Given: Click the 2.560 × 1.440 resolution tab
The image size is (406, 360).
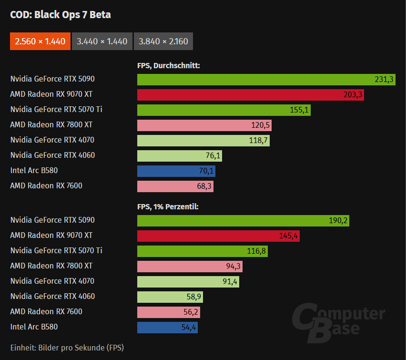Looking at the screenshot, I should pos(40,41).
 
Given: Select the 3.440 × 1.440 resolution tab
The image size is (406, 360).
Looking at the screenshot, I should pos(102,41).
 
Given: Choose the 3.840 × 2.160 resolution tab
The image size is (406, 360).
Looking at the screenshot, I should pos(163,41).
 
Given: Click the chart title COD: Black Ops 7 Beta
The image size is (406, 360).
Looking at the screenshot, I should pos(61,15).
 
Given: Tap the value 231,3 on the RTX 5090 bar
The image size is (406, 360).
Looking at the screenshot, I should pos(384,80).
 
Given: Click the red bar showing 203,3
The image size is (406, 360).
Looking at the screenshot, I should pos(250,95).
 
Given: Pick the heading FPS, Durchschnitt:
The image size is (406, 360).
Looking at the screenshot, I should pos(168,66).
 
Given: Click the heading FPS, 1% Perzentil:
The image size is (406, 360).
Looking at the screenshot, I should pos(168,207).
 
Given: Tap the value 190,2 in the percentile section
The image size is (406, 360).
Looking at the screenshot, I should pos(338,221).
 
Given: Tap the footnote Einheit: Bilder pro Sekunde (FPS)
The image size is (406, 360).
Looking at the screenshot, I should pos(67,347).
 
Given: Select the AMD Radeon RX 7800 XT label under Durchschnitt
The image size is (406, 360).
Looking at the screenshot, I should pos(51,125).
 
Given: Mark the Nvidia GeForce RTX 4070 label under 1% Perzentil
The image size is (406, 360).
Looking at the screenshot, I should pos(52,281).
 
